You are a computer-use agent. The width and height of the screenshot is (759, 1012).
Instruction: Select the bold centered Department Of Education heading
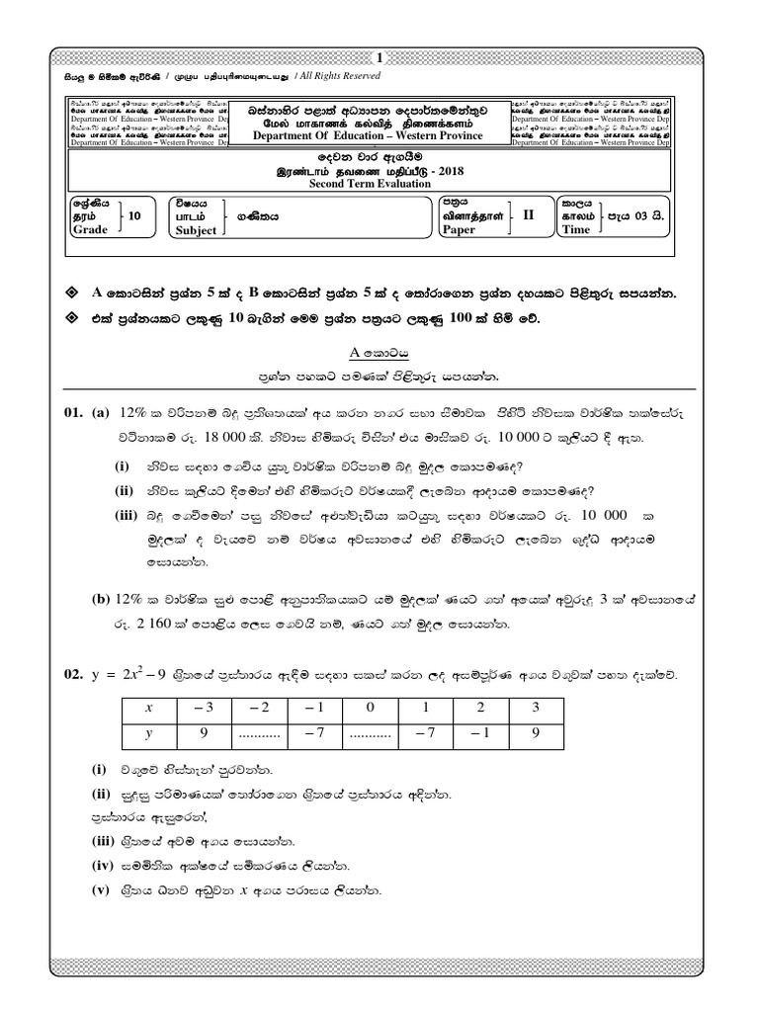pyautogui.click(x=379, y=136)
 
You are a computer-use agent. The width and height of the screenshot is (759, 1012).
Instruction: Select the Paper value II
pyautogui.click(x=528, y=214)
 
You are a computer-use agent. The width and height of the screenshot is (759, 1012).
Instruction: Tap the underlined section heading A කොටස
pyautogui.click(x=379, y=352)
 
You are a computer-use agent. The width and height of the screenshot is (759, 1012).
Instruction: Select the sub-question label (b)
pyautogui.click(x=100, y=598)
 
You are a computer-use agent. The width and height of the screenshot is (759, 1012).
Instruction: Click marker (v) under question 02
pyautogui.click(x=100, y=890)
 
